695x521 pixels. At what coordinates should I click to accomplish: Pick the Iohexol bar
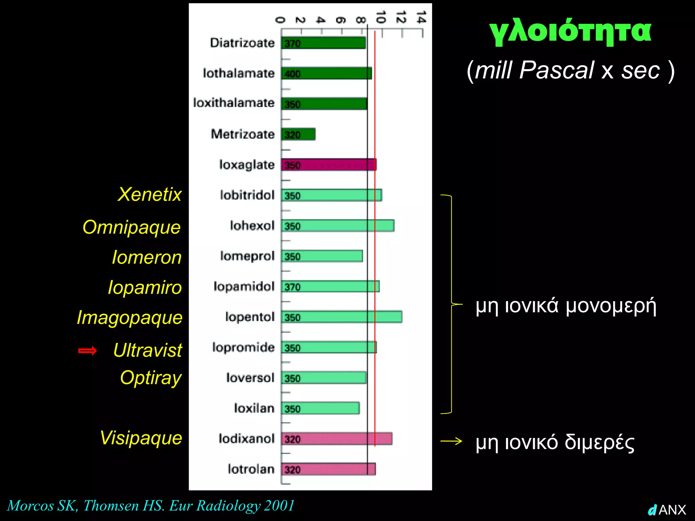[x=338, y=226]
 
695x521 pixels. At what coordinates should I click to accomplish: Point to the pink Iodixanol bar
[x=337, y=439]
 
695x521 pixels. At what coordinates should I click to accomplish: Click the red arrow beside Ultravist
[x=88, y=350]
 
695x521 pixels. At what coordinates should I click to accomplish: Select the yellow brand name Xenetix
[x=150, y=194]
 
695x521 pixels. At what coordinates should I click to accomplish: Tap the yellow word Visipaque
[x=141, y=438]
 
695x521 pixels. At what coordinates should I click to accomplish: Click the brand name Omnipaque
[x=132, y=227]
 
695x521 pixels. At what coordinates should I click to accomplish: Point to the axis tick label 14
[x=421, y=17]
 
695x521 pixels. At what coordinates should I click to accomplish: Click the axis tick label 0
[x=280, y=20]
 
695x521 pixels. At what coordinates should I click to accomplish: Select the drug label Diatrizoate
[x=242, y=43]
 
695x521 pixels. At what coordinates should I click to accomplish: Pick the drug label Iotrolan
[x=251, y=469]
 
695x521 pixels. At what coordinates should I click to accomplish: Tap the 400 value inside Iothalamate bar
[x=293, y=74]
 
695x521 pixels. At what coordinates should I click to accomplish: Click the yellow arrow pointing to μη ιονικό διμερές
[x=451, y=441]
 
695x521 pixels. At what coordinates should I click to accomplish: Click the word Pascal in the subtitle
[x=557, y=70]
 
